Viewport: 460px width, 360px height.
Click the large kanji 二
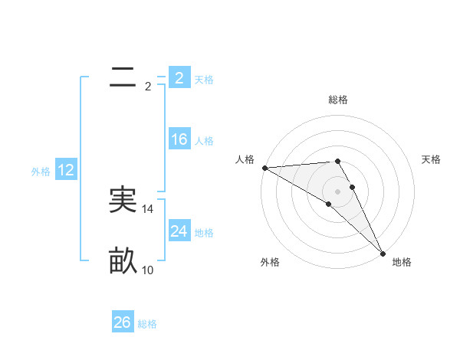pos(123,77)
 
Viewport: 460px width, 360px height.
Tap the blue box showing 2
pos(179,77)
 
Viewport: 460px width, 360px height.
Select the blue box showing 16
pos(179,139)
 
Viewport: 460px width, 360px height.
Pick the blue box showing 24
pos(179,231)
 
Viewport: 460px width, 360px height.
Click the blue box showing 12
pos(65,170)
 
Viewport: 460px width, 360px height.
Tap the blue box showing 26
pos(123,322)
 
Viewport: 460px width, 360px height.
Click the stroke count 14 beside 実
pos(148,208)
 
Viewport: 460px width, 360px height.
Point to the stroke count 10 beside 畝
pos(148,270)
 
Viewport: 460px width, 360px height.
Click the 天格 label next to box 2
pos(204,79)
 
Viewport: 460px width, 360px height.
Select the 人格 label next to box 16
pos(204,141)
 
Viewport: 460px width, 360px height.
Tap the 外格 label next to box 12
pos(41,172)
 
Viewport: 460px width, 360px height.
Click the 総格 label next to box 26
pos(148,324)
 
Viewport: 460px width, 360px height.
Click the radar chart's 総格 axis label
pos(337,100)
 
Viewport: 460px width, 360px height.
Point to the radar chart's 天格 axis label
pos(432,159)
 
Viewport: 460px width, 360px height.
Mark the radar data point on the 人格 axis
pos(264,168)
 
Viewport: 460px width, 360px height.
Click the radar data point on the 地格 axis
pos(382,253)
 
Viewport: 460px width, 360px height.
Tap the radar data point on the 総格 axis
pos(337,161)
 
